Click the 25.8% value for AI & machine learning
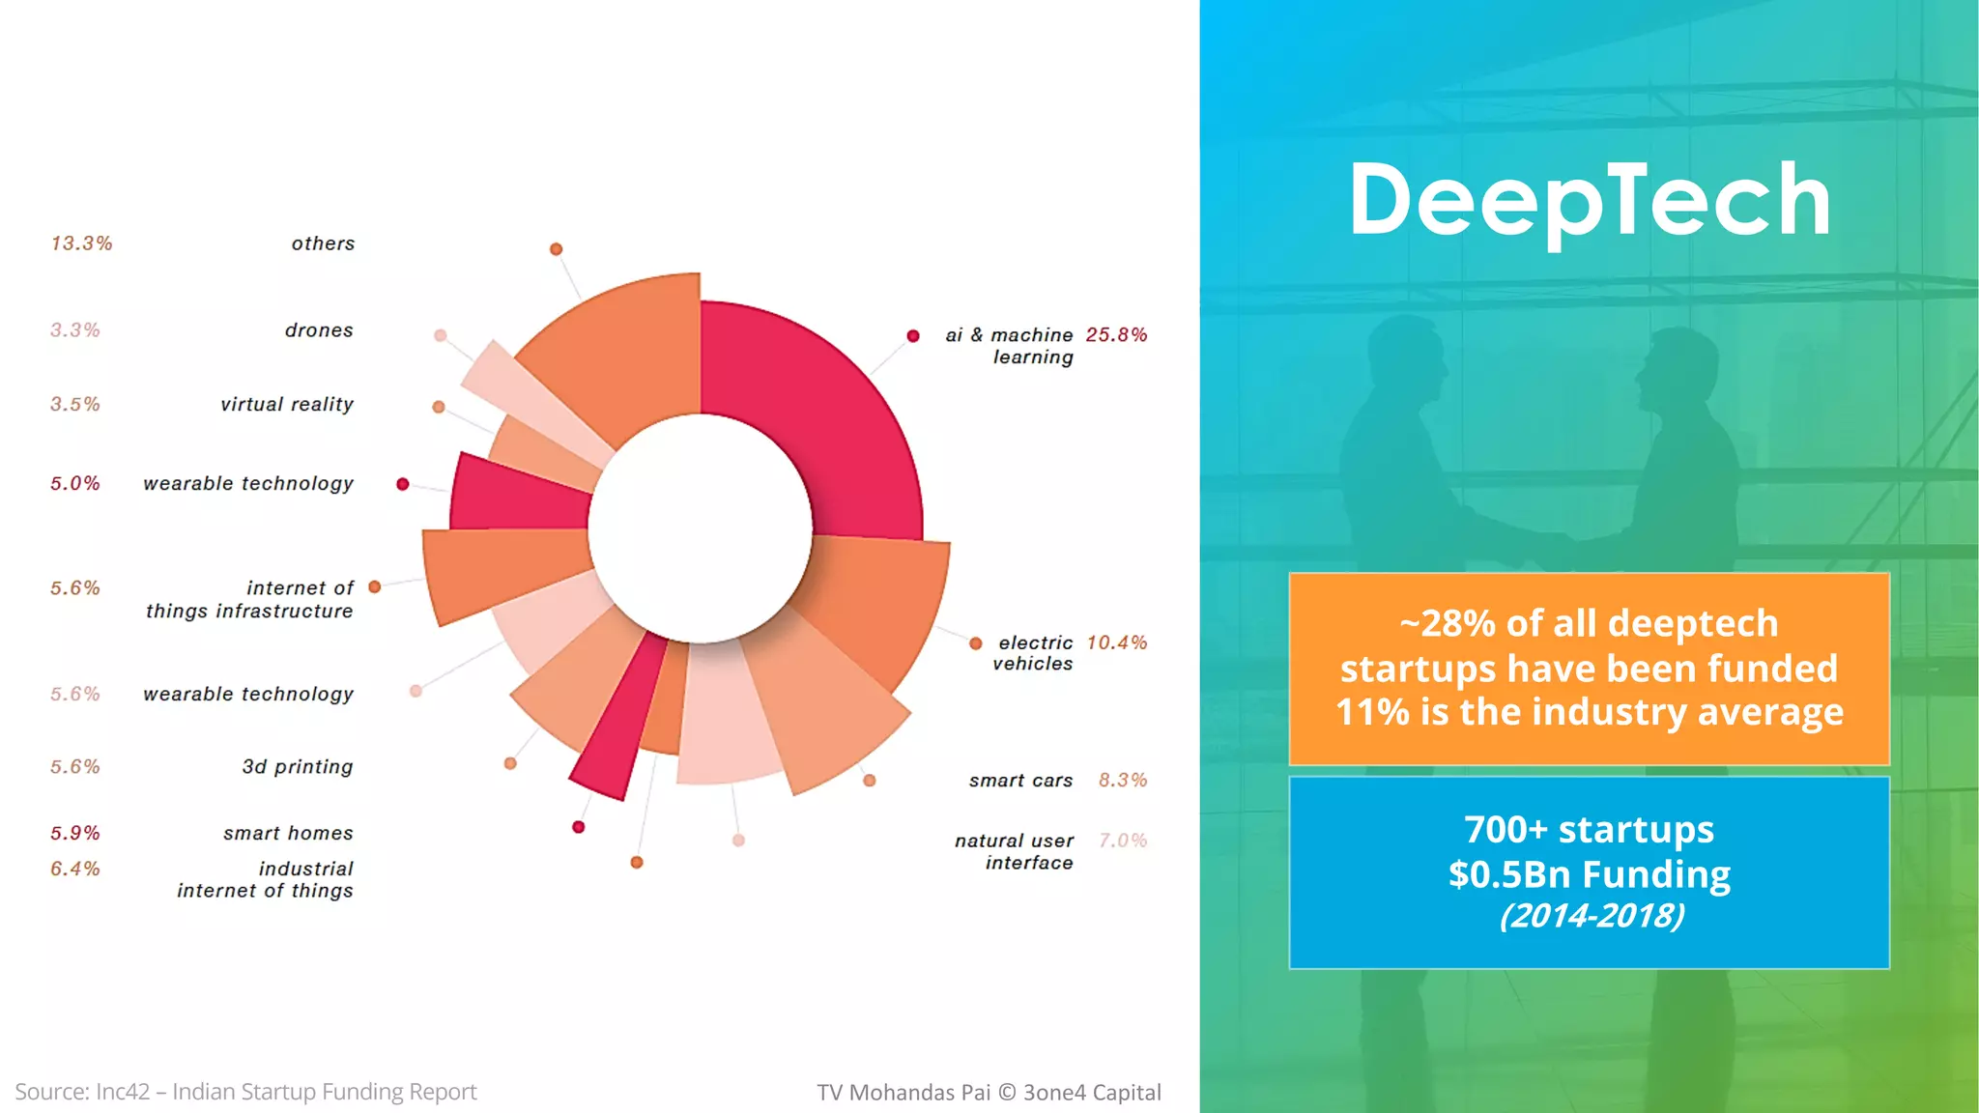click(x=1116, y=335)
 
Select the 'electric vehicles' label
click(x=1033, y=653)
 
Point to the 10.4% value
click(x=1116, y=643)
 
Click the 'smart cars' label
click(x=1020, y=781)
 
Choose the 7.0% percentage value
click(x=1123, y=841)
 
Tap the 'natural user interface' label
click(x=1015, y=851)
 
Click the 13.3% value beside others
click(x=82, y=243)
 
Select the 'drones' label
click(x=319, y=330)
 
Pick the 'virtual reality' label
click(x=287, y=405)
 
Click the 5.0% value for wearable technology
click(x=75, y=484)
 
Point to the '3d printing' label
click(x=298, y=767)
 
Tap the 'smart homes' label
click(x=288, y=834)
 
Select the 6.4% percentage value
click(x=75, y=870)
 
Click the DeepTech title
click(x=1589, y=200)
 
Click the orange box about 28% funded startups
click(x=1589, y=669)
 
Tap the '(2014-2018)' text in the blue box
click(x=1592, y=916)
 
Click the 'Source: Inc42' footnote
click(x=245, y=1092)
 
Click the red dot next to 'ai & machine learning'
click(x=913, y=336)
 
